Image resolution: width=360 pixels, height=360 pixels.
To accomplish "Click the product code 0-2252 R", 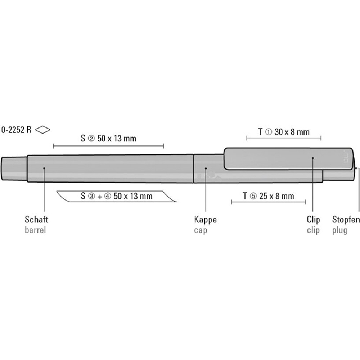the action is [x=16, y=130].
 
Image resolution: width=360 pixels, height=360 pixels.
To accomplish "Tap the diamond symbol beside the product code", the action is [x=42, y=130].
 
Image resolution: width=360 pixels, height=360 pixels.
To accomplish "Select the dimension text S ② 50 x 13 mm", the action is [x=108, y=139].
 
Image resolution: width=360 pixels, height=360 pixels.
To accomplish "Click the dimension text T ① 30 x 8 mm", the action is [x=284, y=132].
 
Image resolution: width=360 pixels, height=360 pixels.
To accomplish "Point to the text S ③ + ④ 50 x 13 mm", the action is [x=117, y=196].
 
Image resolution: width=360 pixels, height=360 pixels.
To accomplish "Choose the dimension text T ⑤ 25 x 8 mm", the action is [x=269, y=196].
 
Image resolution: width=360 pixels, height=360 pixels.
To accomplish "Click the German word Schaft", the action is [x=36, y=220].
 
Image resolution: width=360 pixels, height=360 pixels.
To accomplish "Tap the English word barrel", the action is [x=35, y=230].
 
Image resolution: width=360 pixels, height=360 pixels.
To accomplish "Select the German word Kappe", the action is [x=205, y=220].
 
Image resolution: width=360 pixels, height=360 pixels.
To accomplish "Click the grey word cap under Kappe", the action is [x=201, y=230].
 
